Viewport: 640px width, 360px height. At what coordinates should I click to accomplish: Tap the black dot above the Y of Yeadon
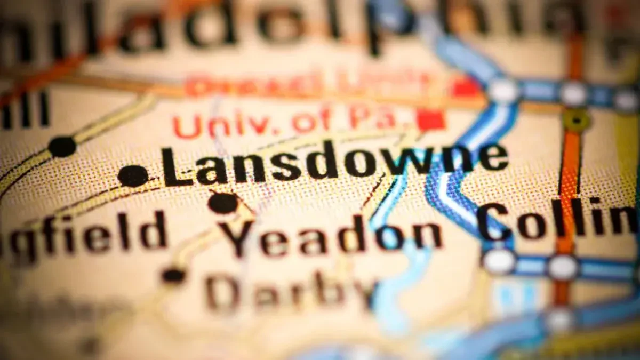click(223, 203)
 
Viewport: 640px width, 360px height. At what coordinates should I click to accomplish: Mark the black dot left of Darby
click(173, 275)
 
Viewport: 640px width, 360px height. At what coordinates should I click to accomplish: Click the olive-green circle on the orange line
click(576, 120)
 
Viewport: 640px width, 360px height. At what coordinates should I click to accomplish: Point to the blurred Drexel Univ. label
click(309, 85)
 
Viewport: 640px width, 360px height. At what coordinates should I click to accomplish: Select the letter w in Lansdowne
click(405, 162)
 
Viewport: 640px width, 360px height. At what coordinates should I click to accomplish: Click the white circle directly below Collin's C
click(499, 261)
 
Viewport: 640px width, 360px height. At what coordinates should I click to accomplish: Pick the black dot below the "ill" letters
click(62, 146)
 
